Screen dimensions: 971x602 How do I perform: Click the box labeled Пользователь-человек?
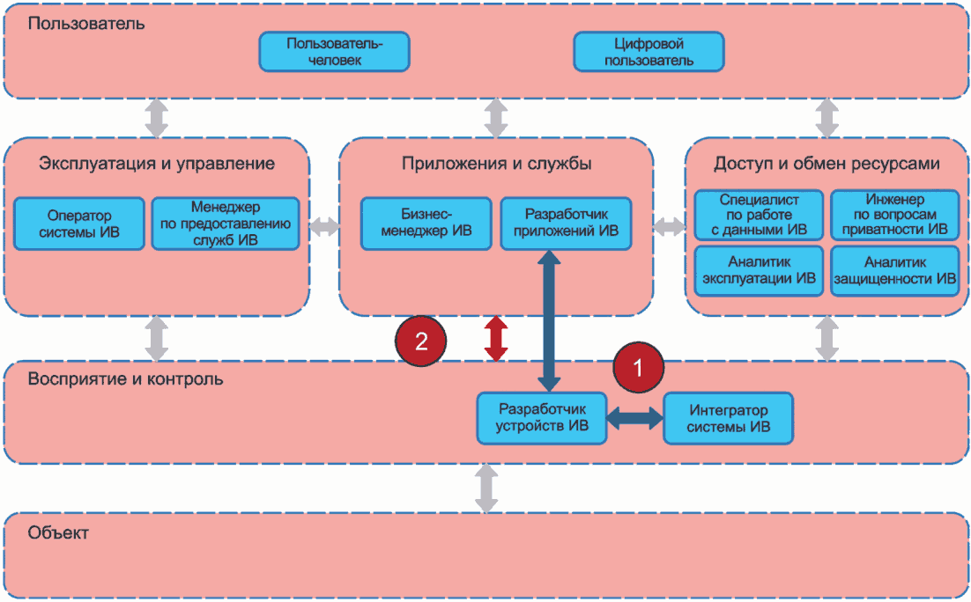(x=335, y=52)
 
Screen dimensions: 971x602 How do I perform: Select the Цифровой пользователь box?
(x=649, y=52)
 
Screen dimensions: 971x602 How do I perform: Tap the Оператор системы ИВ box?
(x=79, y=224)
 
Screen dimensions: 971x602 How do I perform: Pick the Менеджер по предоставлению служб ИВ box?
(x=226, y=224)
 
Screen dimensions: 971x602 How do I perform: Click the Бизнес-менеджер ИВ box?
(x=426, y=224)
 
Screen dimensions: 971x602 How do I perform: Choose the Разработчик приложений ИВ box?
(x=566, y=224)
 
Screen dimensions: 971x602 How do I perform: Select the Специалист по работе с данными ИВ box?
(x=759, y=215)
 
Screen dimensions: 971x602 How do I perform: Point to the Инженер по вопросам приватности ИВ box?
(x=895, y=215)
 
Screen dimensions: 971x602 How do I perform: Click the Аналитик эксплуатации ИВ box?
(x=759, y=271)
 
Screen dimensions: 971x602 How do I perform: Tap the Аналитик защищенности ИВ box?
(x=895, y=271)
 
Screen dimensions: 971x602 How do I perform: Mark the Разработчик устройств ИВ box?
(x=542, y=418)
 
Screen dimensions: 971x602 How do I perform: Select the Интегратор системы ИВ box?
(x=728, y=418)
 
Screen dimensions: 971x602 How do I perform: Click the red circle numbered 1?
(x=639, y=368)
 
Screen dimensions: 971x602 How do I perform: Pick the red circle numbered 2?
(x=421, y=341)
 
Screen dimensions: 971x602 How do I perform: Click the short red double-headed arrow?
(x=496, y=339)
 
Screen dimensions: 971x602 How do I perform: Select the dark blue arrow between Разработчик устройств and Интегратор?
(x=634, y=419)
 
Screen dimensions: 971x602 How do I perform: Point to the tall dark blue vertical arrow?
(x=549, y=321)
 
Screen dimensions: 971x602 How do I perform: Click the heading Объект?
(x=58, y=532)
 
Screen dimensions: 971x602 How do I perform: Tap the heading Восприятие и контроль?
(x=125, y=378)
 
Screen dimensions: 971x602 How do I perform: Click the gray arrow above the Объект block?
(x=486, y=488)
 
